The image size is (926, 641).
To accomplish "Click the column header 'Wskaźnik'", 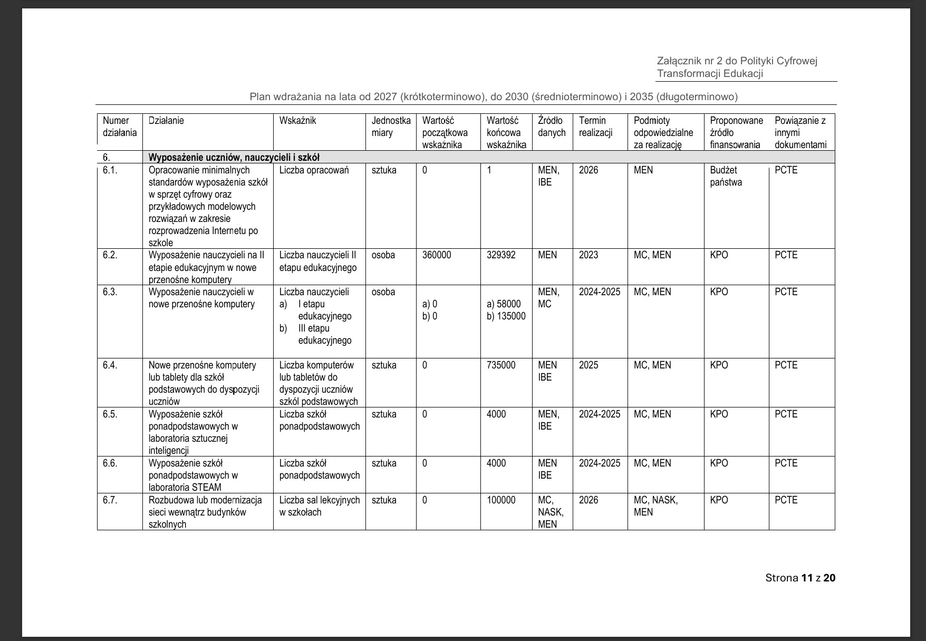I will [x=297, y=121].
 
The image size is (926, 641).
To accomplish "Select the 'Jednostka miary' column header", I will [x=391, y=127].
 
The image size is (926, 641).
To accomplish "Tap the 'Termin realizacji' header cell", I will [x=595, y=127].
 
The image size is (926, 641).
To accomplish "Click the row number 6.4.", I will [x=110, y=365].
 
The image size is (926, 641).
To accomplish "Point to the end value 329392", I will [x=501, y=255].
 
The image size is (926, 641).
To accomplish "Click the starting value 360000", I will [x=437, y=255].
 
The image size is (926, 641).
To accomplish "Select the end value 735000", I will [x=501, y=365].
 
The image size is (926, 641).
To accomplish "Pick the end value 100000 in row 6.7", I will [x=501, y=500].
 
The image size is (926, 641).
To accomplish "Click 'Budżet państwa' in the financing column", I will [x=726, y=177].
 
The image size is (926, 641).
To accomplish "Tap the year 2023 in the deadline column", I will [x=589, y=255].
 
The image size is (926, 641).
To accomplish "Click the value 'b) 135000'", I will [x=506, y=316].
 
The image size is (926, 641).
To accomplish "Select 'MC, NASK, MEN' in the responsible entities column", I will [x=655, y=506].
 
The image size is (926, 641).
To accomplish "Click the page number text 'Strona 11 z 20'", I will [x=800, y=578].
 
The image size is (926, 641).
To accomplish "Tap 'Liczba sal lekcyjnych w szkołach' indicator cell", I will [x=319, y=506].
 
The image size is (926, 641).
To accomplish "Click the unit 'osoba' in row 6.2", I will [x=383, y=255].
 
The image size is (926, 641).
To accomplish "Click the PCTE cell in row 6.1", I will [x=786, y=170].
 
